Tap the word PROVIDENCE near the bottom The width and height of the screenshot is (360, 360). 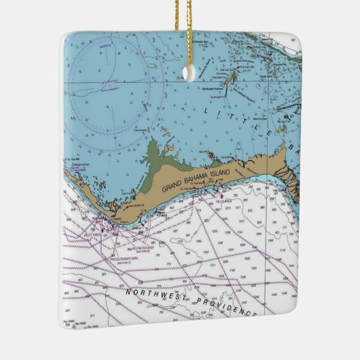pyautogui.click(x=226, y=307)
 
